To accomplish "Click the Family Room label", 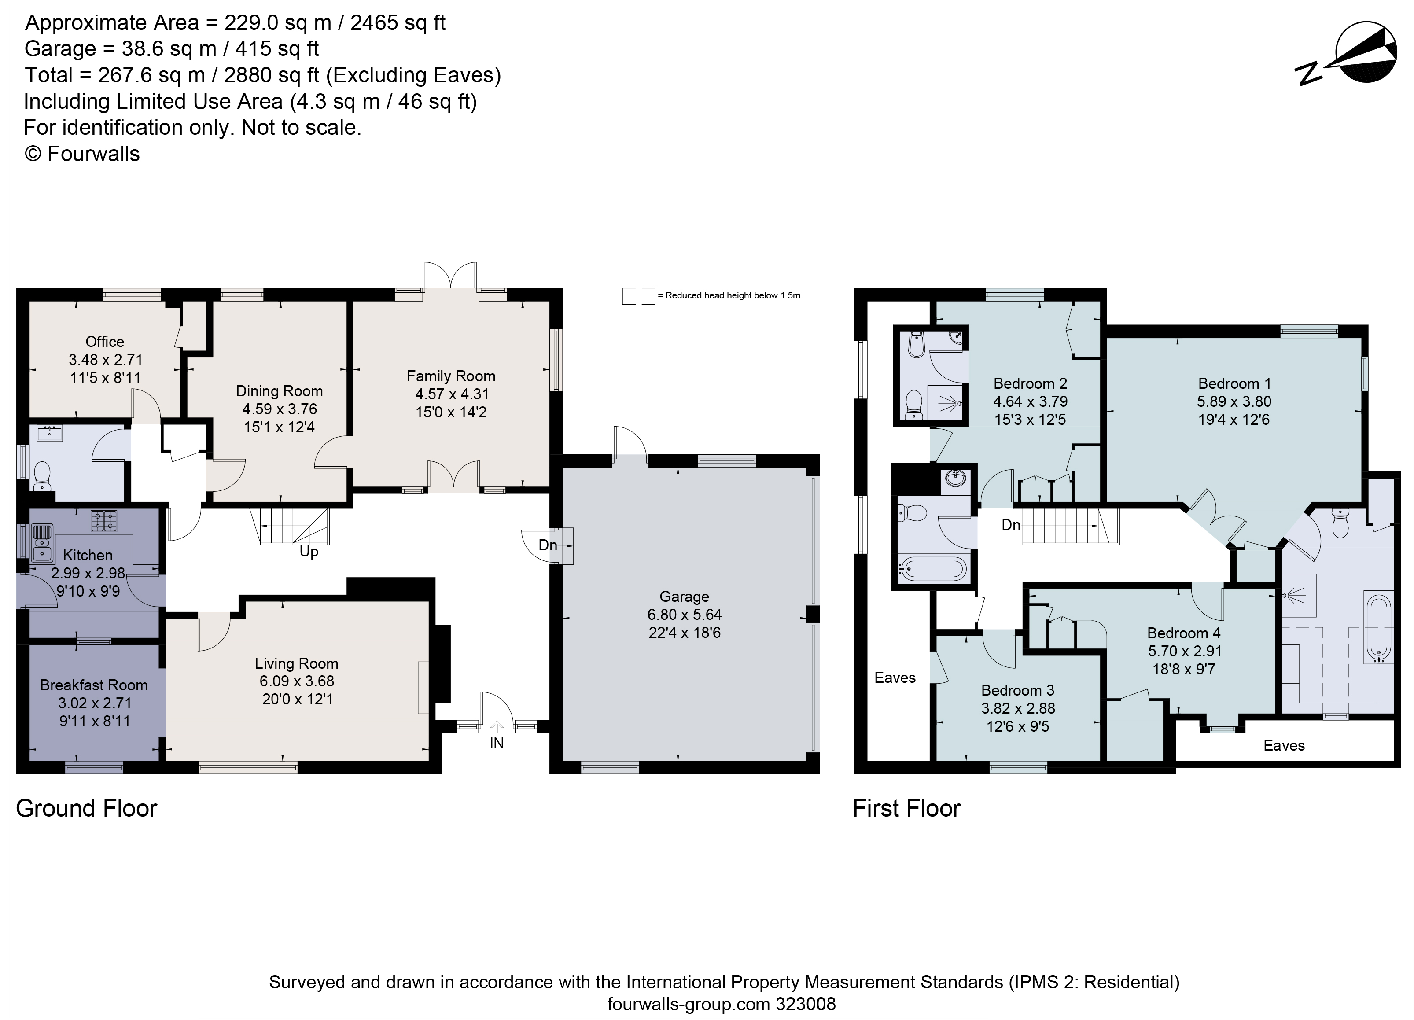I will [x=451, y=376].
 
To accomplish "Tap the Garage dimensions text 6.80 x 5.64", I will [x=684, y=615].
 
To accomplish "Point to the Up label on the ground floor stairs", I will [x=309, y=552].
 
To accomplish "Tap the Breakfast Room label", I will [x=93, y=685].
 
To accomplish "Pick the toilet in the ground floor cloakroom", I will [x=42, y=475].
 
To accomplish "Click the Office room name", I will [x=105, y=342].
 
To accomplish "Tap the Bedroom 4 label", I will [x=1183, y=633].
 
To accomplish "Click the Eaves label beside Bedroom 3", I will [x=895, y=678].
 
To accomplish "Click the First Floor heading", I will [x=906, y=809].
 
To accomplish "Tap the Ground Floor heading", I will [x=87, y=809].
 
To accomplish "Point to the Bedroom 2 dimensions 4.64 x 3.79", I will [x=1030, y=402].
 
